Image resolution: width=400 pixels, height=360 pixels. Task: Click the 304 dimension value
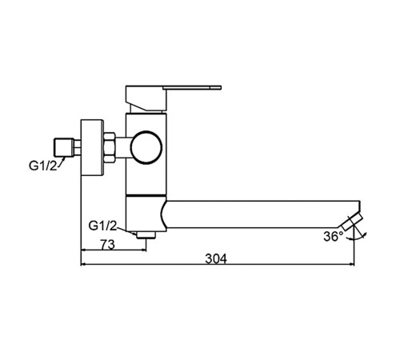click(216, 258)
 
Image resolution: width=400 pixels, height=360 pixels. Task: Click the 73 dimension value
click(108, 244)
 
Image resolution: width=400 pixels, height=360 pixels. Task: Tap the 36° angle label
click(334, 236)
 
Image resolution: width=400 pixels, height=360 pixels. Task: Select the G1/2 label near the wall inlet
click(42, 166)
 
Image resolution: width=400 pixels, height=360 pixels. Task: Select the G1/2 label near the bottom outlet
click(102, 226)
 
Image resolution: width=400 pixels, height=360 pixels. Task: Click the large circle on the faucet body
click(146, 147)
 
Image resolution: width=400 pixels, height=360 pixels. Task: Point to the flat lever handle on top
click(192, 87)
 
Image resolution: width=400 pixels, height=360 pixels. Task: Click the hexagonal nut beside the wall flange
click(110, 147)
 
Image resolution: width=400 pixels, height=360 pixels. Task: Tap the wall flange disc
click(92, 147)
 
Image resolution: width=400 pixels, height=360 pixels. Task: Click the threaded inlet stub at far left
click(64, 147)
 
